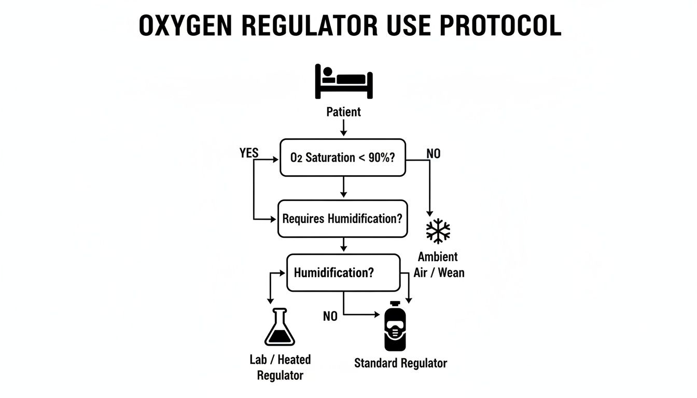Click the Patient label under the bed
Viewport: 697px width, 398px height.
343,111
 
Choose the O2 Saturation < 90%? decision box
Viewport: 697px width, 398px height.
343,158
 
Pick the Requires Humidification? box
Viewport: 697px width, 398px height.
342,219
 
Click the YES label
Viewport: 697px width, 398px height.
249,153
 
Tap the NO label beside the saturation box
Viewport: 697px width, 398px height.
433,154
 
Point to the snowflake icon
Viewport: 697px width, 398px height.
438,231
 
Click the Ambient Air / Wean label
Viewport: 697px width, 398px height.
439,264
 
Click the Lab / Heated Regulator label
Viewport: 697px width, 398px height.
280,367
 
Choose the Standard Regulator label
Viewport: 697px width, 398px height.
400,363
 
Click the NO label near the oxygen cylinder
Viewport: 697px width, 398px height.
330,316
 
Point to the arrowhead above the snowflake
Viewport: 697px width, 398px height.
429,212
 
